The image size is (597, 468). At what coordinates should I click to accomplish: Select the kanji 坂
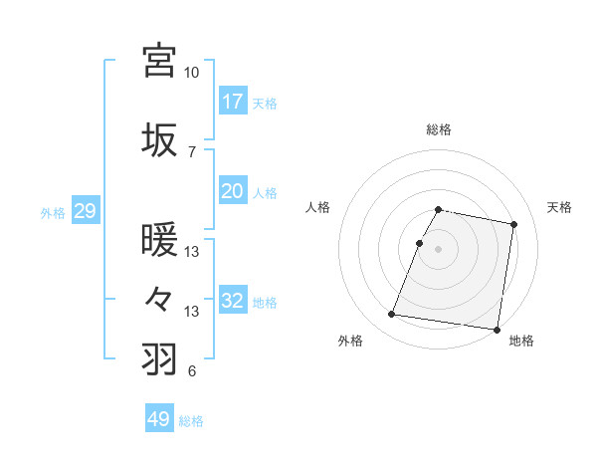coord(159,139)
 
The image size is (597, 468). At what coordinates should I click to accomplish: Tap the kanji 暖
coord(159,240)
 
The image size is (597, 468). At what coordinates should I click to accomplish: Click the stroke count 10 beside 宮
coord(191,73)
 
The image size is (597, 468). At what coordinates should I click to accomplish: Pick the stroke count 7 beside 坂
coord(192,152)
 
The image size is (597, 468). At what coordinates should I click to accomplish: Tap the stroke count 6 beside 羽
coord(191,371)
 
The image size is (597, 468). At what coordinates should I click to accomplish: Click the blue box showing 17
coord(233,102)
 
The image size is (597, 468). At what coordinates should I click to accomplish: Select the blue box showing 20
coord(233,191)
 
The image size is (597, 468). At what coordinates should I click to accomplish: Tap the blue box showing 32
coord(233,301)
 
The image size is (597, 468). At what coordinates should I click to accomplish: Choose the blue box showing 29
coord(84,211)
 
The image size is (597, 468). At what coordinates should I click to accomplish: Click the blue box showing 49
coord(159,419)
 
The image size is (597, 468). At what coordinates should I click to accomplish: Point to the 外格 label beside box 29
coord(53,212)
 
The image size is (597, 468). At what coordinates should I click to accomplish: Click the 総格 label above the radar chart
coord(439,129)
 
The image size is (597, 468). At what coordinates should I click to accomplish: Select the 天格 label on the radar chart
coord(559,207)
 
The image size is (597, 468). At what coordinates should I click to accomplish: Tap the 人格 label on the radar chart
coord(318,207)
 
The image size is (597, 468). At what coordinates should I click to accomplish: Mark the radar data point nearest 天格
coord(513,225)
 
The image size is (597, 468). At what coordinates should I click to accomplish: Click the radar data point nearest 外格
coord(392,315)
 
